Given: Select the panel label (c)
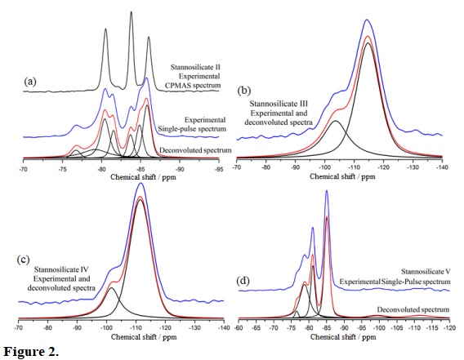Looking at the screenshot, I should (x=25, y=260).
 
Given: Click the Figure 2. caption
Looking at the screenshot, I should (x=29, y=351).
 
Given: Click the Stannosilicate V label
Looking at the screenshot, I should (x=422, y=270).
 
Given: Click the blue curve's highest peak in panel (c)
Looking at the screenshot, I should (x=141, y=184).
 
